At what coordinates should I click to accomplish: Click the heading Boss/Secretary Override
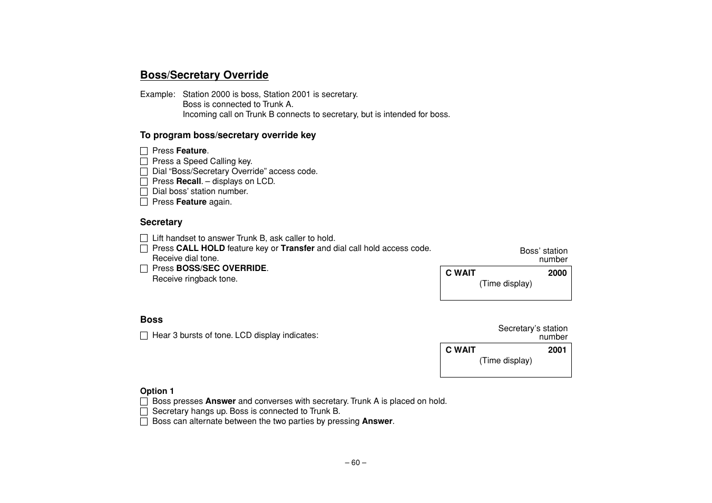pos(204,75)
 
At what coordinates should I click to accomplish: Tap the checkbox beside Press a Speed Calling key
pos(144,161)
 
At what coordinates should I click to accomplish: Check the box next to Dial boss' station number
pos(144,192)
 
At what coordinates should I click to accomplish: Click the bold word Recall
pos(189,181)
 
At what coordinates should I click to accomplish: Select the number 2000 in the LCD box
pos(557,273)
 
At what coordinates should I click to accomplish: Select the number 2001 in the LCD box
pos(557,350)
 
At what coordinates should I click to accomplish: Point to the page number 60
pos(356,463)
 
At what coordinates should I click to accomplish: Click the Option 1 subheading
pos(157,391)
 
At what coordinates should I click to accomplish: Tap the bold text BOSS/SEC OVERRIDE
pos(221,268)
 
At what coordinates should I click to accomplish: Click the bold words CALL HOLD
pos(200,248)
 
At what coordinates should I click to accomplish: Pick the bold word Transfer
pos(298,248)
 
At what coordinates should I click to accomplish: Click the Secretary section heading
pos(161,223)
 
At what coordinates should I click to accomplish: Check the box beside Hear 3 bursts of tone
pos(144,336)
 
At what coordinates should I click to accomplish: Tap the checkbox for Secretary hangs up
pos(144,412)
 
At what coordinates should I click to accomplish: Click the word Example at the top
pos(157,94)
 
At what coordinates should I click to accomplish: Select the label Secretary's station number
pos(533,333)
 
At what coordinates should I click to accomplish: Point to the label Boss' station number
pos(543,255)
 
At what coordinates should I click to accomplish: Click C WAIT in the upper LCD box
pos(461,273)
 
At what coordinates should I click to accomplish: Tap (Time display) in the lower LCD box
pos(505,361)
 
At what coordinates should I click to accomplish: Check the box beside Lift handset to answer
pos(144,238)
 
